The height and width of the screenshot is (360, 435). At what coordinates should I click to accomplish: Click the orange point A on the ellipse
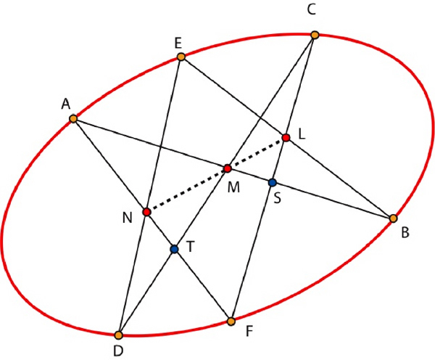click(73, 119)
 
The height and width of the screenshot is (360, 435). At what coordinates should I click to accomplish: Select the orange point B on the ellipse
click(393, 218)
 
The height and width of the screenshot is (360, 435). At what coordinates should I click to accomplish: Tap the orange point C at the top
click(315, 35)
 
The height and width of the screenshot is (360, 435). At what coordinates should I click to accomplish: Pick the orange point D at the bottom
click(118, 335)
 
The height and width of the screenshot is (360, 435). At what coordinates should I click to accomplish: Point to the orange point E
click(181, 57)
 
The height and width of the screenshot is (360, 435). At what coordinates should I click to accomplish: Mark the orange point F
click(231, 322)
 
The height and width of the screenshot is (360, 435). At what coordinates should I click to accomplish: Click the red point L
click(286, 137)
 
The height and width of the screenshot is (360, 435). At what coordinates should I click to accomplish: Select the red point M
click(228, 168)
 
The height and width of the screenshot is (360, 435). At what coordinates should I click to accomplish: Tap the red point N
click(146, 212)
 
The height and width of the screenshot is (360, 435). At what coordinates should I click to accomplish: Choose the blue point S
click(273, 182)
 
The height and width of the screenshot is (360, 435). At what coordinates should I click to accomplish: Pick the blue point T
click(174, 249)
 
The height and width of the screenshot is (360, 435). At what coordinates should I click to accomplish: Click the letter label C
click(312, 10)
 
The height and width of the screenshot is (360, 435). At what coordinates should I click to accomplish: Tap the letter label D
click(118, 351)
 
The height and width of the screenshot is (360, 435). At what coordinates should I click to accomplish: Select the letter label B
click(405, 233)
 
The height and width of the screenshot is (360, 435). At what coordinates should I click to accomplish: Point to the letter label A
click(66, 105)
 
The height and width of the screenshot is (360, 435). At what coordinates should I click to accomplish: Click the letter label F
click(249, 331)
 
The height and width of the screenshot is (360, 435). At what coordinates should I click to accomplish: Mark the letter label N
click(128, 218)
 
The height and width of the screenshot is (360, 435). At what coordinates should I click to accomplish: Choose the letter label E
click(178, 44)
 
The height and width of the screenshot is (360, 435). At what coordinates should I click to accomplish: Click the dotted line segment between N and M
click(187, 190)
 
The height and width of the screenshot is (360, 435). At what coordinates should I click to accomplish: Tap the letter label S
click(277, 198)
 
